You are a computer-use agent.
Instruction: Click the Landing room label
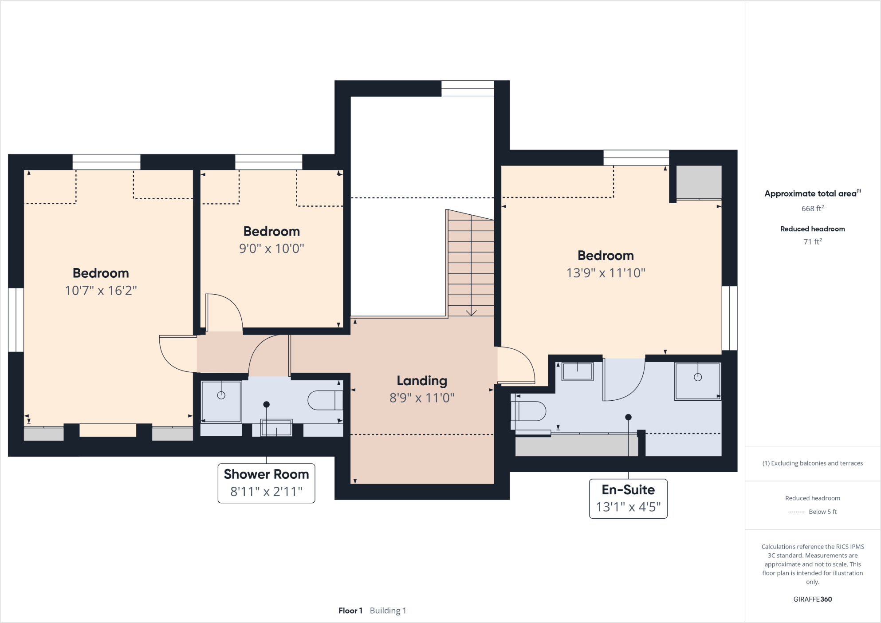pos(421,381)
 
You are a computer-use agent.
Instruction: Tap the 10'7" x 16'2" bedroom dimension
pos(101,291)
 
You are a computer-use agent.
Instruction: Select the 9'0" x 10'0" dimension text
pos(271,248)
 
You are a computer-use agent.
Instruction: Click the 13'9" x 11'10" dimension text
pos(606,273)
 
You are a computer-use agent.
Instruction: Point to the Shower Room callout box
pos(266,483)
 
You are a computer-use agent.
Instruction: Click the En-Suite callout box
pos(628,498)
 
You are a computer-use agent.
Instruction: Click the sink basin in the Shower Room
pos(276,428)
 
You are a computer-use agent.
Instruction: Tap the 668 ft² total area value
pos(812,209)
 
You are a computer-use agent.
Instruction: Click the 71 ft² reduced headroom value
pos(812,242)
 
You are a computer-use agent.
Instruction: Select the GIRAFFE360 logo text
pos(812,599)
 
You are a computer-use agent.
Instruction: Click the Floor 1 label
pos(350,611)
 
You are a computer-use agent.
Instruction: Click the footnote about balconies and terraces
pos(812,463)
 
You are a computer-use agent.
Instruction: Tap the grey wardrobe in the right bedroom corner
pos(699,182)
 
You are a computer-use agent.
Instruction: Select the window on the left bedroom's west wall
pos(16,319)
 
